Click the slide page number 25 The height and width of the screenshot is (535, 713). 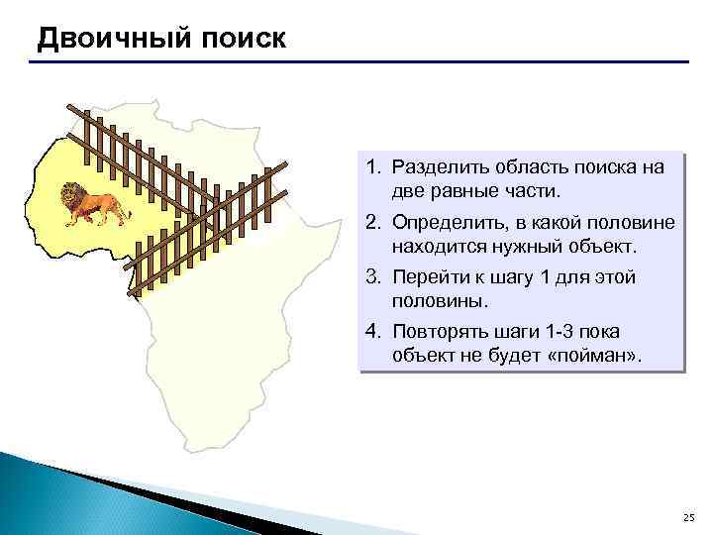point(689,518)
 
